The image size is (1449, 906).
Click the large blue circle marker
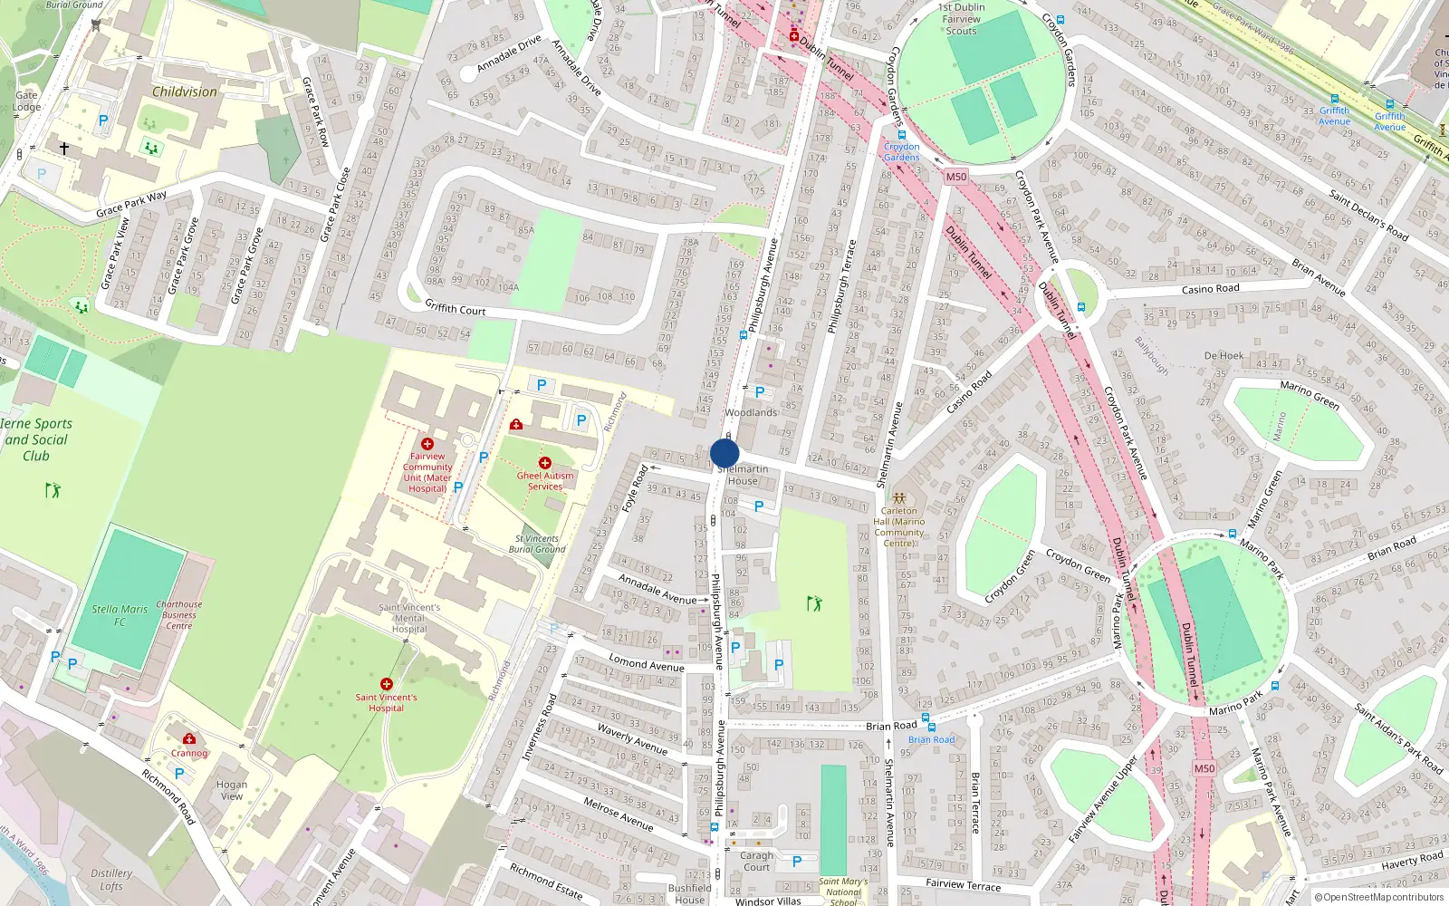point(724,453)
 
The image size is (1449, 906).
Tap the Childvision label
point(185,92)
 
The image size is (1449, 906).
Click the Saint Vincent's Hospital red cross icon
point(387,684)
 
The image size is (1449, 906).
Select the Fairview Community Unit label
point(427,472)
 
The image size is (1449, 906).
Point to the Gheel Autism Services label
point(545,481)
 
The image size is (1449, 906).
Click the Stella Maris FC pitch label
point(120,615)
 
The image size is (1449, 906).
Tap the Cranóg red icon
point(189,739)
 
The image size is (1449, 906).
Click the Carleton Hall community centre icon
point(899,498)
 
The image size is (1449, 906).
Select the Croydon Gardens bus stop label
point(901,151)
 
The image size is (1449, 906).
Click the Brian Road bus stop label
point(931,739)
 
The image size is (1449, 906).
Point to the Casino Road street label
point(1210,289)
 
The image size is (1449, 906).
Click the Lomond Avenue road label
point(646,663)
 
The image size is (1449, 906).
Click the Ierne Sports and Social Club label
point(36,439)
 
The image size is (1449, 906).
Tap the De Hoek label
point(1223,356)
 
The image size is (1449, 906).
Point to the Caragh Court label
point(756,861)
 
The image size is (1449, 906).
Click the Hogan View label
point(232,790)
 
